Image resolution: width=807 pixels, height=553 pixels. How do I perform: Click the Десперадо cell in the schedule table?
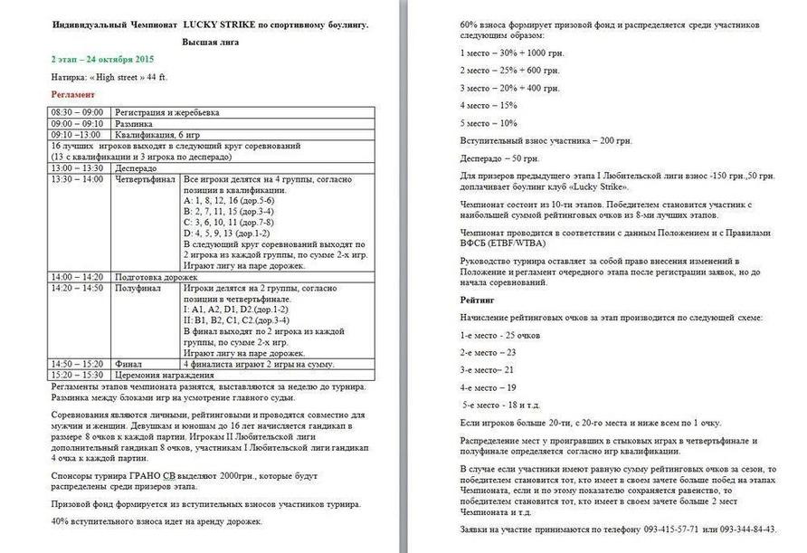(x=136, y=168)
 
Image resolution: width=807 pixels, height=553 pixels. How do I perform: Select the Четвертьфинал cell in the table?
(x=145, y=179)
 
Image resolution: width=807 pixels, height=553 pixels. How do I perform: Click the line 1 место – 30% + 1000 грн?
(x=513, y=52)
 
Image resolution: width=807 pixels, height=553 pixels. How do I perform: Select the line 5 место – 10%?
(x=489, y=123)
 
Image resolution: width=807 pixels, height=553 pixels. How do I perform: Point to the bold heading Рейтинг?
(x=478, y=299)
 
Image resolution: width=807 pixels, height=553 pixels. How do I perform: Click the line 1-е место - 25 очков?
(x=501, y=335)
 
